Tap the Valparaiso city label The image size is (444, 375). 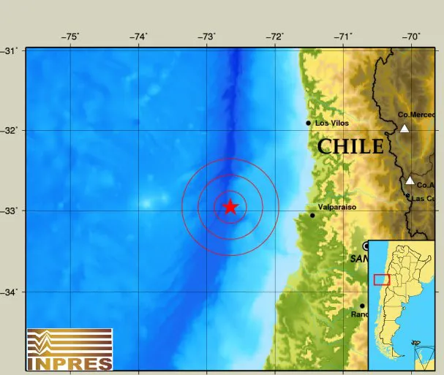[336, 208]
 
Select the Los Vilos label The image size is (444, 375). [331, 124]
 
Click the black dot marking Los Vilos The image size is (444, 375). [309, 123]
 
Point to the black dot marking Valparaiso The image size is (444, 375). [312, 215]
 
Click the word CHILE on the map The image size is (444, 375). [350, 147]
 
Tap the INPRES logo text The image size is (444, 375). [69, 362]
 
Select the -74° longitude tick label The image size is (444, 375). [138, 37]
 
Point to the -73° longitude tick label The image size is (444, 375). [206, 37]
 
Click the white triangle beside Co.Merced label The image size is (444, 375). [404, 129]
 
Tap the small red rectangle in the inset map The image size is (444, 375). [382, 279]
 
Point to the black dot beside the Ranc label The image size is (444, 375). [362, 306]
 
